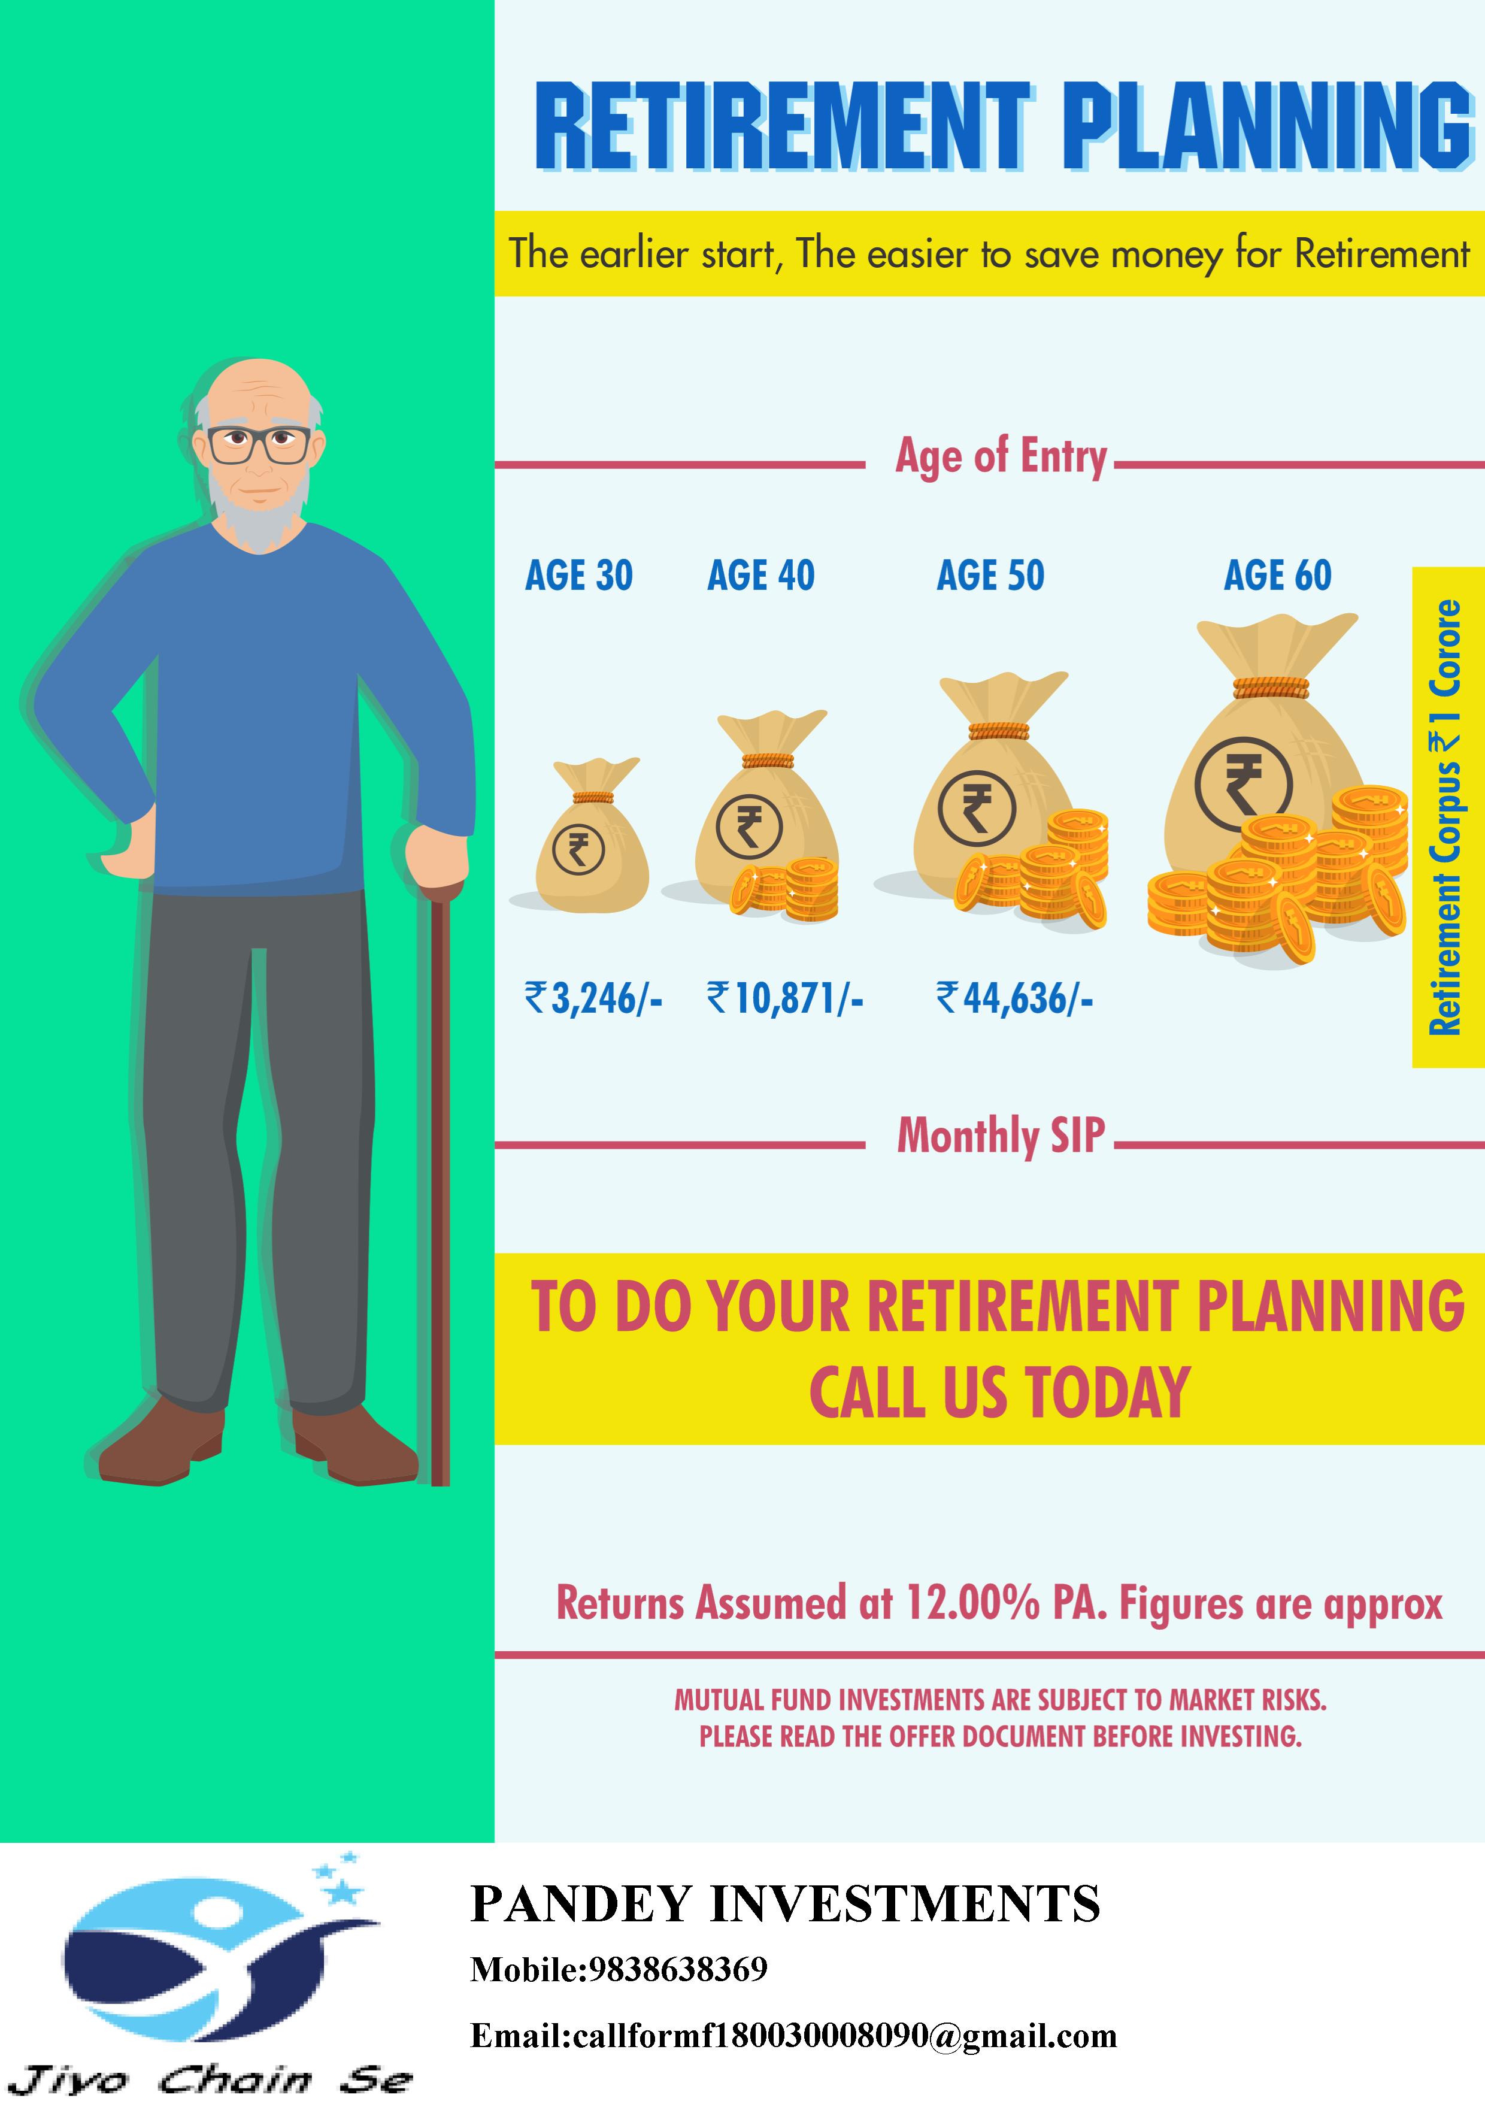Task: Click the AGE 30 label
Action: coord(578,576)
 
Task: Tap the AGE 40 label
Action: coord(760,576)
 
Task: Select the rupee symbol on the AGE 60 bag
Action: coord(1244,784)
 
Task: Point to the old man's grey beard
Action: coord(259,513)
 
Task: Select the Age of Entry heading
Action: coord(1001,456)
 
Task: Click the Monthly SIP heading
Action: coord(1001,1136)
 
